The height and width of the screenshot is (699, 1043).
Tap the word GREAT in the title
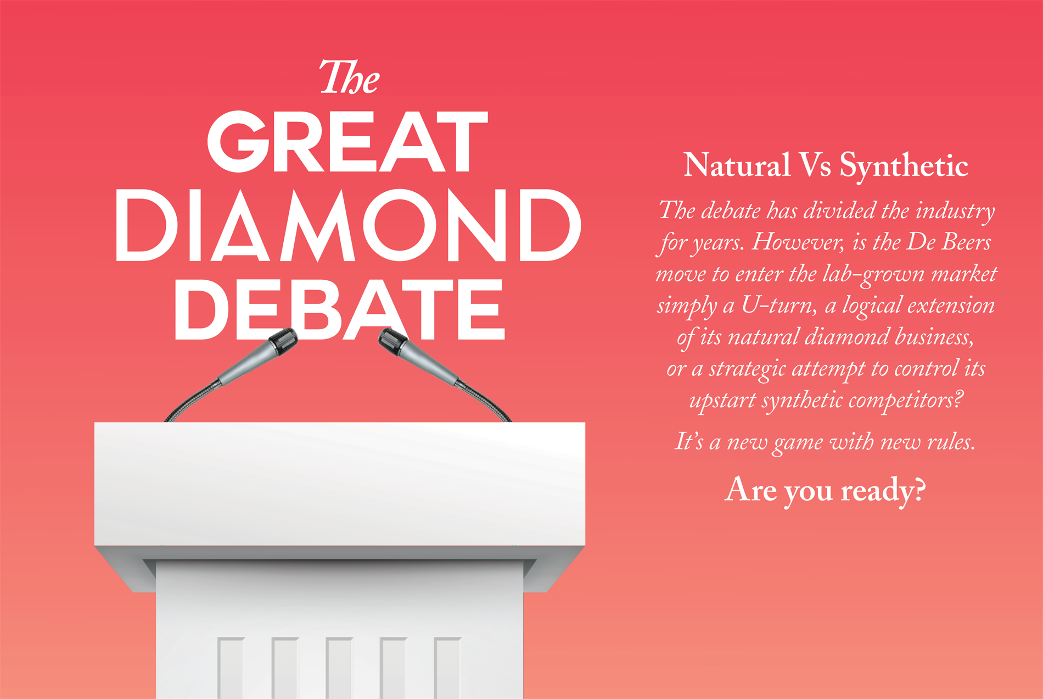click(x=347, y=141)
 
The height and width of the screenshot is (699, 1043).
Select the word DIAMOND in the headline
click(x=348, y=225)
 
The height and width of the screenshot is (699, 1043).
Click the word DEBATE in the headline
click(x=339, y=309)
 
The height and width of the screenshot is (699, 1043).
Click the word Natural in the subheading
click(x=737, y=165)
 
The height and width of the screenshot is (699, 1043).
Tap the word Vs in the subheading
click(x=815, y=165)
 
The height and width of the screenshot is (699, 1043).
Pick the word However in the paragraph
click(x=798, y=242)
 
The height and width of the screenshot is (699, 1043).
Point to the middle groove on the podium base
click(x=339, y=668)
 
